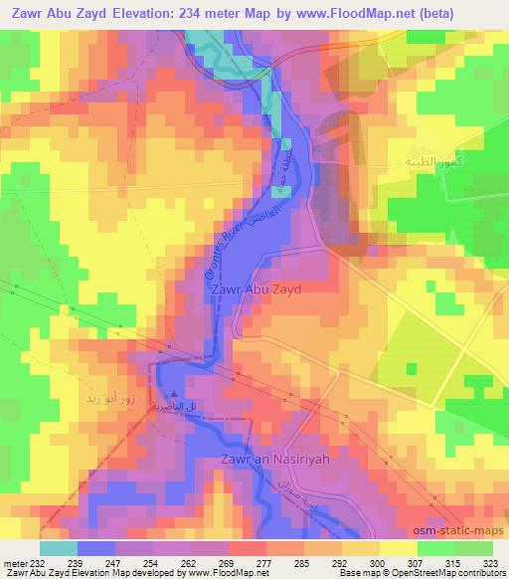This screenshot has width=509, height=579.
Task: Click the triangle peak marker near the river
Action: pyautogui.click(x=175, y=392)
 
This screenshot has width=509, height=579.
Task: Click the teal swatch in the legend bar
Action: pyautogui.click(x=58, y=547)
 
